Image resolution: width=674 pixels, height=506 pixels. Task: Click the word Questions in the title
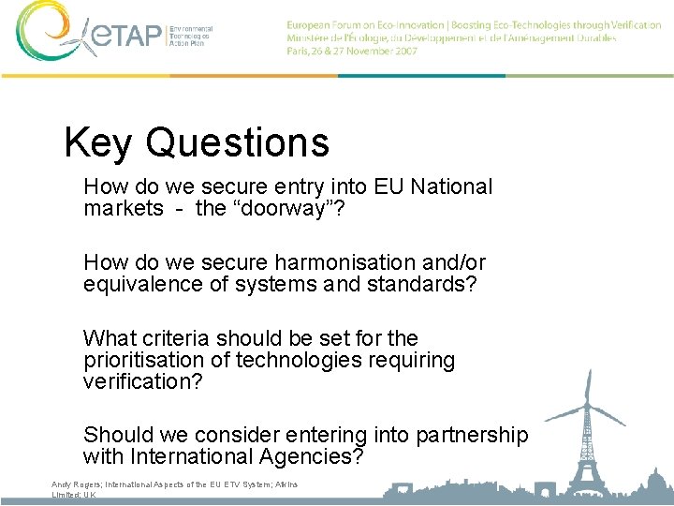(238, 142)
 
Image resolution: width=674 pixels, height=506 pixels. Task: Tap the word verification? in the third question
(142, 381)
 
